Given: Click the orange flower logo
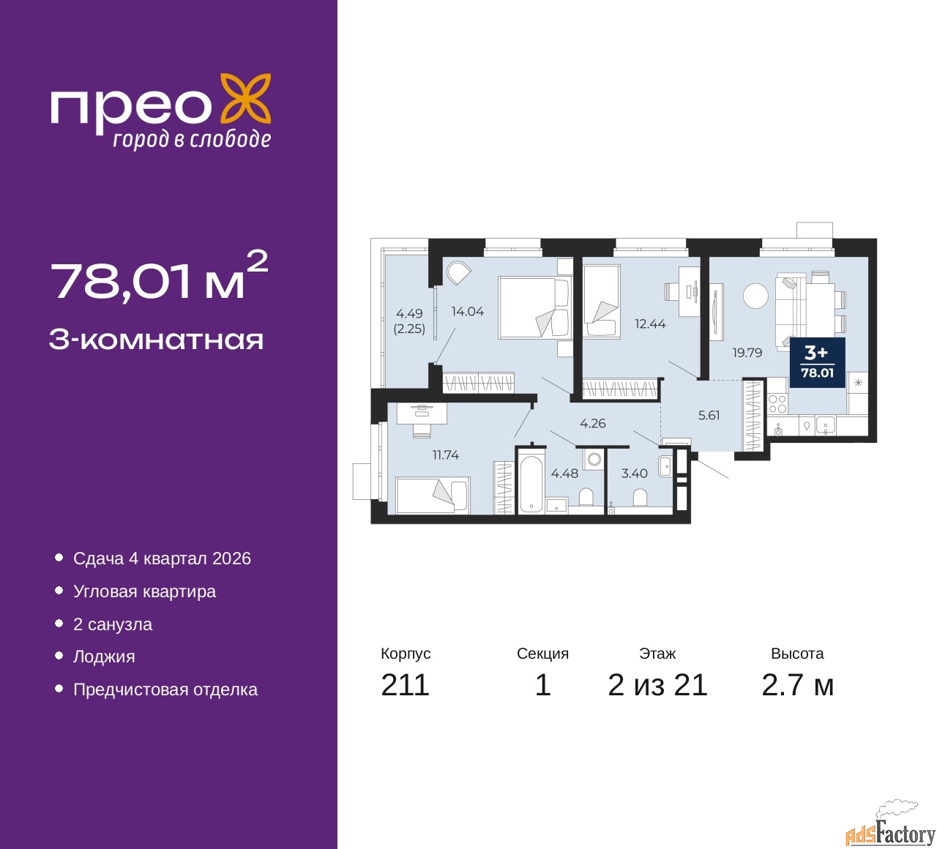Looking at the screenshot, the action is pos(244,102).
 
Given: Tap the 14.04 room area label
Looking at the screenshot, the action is pos(467,312).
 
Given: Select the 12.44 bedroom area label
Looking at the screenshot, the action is pos(650,323).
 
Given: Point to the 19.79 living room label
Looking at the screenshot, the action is pos(747,353).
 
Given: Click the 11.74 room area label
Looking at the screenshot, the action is pos(445,455).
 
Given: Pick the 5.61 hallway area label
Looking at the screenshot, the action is pos(709,415).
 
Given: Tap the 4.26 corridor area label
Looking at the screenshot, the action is pos(592,423).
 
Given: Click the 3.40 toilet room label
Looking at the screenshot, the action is pos(634,473).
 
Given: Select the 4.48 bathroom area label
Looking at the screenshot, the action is pos(564,473).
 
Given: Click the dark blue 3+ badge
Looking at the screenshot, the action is pos(817,362).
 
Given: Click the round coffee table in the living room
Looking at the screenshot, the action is pos(755,296).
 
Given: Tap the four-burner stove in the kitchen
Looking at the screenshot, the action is pos(777,404).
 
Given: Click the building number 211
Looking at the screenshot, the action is pos(405,685).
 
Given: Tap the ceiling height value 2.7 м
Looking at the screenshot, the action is pos(797,685).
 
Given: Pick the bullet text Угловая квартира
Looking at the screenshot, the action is pos(144,591).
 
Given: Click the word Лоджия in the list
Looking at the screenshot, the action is pos(104,657).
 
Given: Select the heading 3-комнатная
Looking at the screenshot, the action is pos(156,340).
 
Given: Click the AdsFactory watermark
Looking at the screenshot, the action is pos(890,830).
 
